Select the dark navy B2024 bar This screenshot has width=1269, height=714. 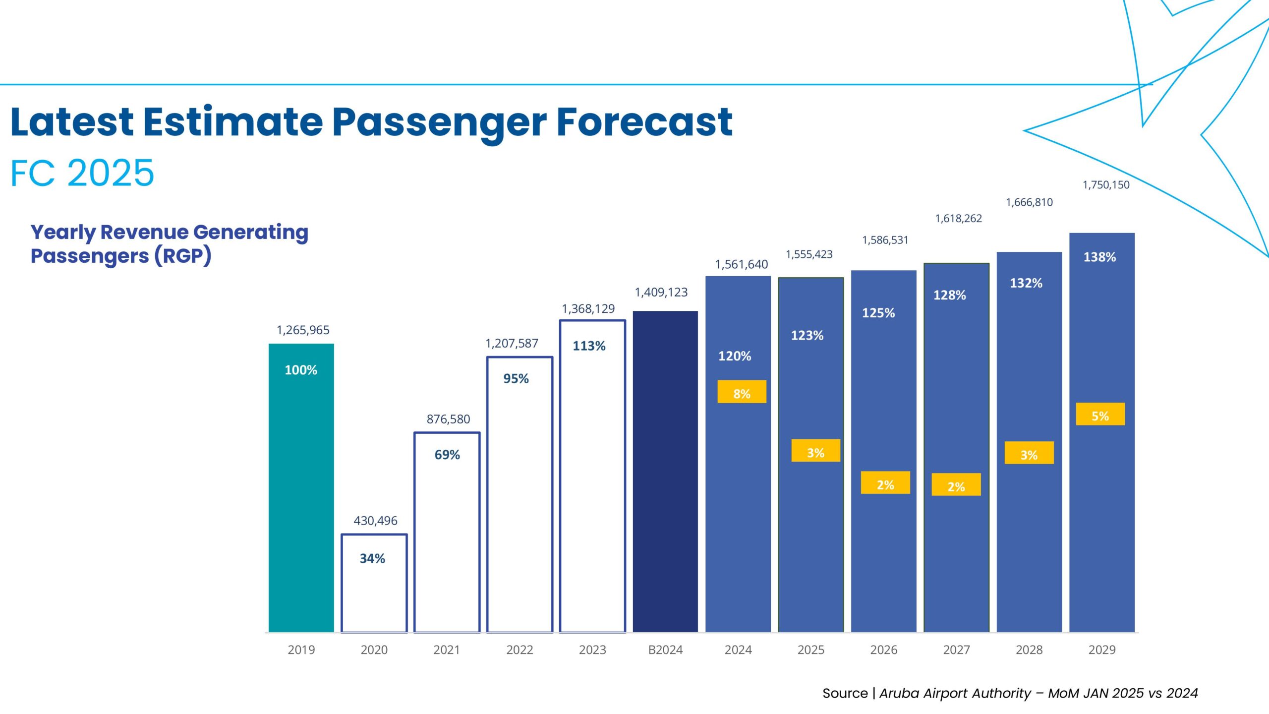tap(665, 471)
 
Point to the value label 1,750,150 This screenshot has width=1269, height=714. tap(1105, 185)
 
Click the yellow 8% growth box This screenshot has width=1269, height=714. tap(742, 392)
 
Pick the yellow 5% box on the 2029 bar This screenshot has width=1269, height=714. tap(1100, 415)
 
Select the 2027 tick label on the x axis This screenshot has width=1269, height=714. tap(956, 650)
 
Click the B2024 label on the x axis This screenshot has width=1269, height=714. tap(665, 650)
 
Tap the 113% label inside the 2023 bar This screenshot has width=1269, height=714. tap(589, 346)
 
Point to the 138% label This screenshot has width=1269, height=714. tap(1099, 257)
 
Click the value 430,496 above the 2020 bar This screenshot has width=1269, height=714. tap(375, 521)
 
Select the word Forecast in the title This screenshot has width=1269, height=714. tap(644, 122)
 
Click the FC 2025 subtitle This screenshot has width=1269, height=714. tap(82, 173)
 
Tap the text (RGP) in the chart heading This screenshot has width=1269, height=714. tap(183, 256)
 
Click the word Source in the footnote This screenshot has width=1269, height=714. tap(845, 693)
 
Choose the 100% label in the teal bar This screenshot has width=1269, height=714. tap(301, 370)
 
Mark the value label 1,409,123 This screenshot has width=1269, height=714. tap(661, 293)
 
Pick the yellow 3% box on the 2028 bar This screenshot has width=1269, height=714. tap(1029, 453)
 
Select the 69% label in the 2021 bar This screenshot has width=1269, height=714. tap(447, 455)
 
